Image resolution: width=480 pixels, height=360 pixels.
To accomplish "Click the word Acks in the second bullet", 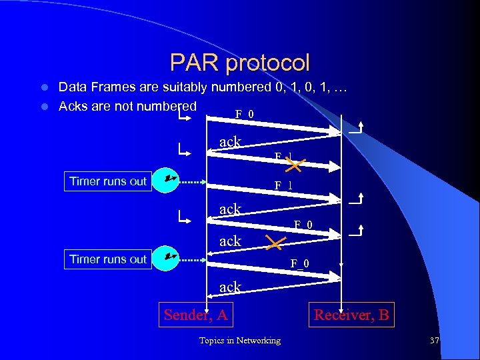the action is (x=72, y=107).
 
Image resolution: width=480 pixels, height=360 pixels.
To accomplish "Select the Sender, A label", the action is (x=196, y=315).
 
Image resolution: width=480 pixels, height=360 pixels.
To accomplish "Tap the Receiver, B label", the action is (x=351, y=315).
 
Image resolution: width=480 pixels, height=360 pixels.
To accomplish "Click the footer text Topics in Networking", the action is (x=239, y=341).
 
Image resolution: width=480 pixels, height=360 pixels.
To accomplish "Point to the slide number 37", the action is (x=435, y=341).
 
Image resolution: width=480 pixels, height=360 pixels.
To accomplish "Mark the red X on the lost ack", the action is (x=274, y=241).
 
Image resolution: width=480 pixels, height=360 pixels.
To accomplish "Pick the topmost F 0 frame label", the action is (x=244, y=114).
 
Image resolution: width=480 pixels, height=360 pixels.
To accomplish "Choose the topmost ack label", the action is (x=230, y=141).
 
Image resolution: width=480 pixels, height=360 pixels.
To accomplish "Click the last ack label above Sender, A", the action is (x=230, y=287).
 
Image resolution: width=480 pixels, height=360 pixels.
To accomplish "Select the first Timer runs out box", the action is (x=108, y=181).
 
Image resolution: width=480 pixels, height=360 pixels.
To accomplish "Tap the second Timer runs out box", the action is (x=108, y=259).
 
